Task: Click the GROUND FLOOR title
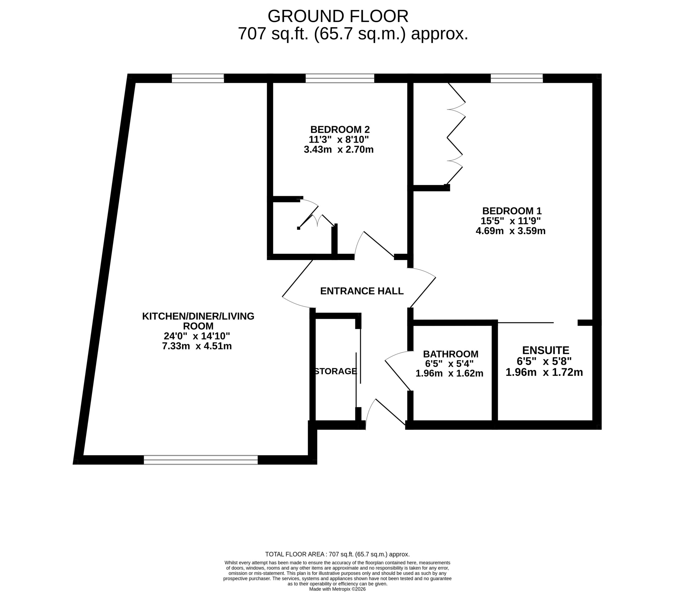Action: point(338,16)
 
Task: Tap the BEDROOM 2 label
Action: point(340,129)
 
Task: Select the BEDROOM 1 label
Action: point(512,211)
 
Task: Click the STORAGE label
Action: point(335,371)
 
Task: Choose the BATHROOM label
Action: point(451,354)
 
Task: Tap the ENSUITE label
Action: point(546,350)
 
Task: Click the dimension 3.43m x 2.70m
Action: point(339,149)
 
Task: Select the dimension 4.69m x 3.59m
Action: point(510,231)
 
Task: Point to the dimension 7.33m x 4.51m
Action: point(197,346)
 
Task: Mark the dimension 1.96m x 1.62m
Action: point(449,373)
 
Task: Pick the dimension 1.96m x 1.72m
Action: point(544,372)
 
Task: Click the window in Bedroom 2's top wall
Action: point(340,78)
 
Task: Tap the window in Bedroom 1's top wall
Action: point(517,78)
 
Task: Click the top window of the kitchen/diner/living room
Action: point(198,78)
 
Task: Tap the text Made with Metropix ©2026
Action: point(337,589)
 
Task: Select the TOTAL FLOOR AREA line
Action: point(337,554)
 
